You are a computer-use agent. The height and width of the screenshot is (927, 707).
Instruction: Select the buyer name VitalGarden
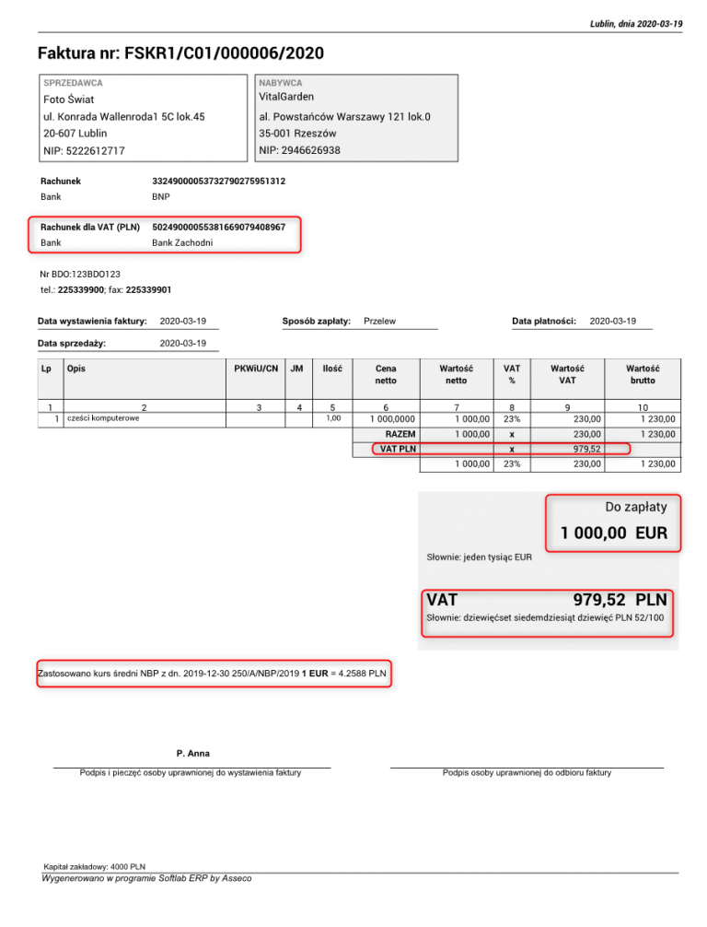tap(286, 97)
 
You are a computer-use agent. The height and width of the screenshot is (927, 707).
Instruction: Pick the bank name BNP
tap(160, 197)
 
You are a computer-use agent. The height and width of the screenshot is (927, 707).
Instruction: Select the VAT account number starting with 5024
tap(218, 227)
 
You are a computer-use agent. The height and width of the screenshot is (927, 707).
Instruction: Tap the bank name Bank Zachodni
tap(182, 243)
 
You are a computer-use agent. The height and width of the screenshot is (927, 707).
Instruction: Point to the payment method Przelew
tap(380, 321)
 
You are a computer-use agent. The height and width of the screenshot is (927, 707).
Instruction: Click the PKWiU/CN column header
tap(256, 369)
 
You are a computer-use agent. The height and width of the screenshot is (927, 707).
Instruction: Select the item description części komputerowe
tap(102, 418)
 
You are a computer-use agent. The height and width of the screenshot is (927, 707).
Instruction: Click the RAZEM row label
tap(400, 434)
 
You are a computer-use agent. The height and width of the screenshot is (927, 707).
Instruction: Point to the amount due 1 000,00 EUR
tap(614, 534)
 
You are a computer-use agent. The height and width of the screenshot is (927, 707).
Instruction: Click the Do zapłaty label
tap(636, 506)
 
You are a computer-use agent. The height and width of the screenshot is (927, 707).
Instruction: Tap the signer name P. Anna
tap(192, 754)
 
